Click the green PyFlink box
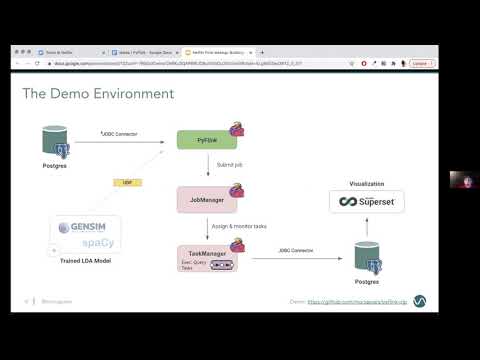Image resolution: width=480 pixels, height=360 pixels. click(x=206, y=141)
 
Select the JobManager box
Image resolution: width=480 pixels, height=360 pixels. click(x=206, y=198)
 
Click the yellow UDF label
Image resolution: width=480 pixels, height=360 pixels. click(x=127, y=183)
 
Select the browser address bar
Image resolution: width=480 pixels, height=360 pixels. click(x=200, y=63)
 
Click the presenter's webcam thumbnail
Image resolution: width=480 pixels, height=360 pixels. click(x=462, y=181)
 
